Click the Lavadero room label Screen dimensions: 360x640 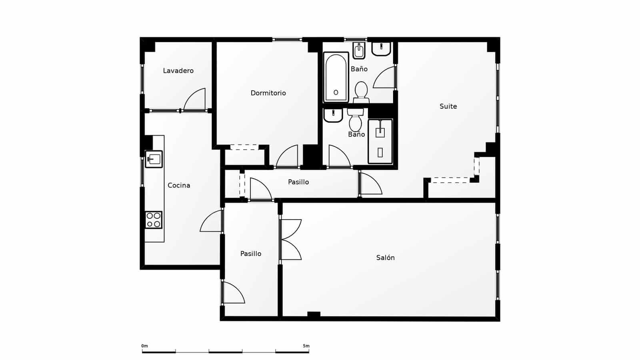coord(178,71)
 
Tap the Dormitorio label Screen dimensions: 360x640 coord(268,93)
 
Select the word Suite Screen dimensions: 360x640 coord(448,106)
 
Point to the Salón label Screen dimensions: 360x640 coord(385,258)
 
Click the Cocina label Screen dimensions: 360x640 coord(179,185)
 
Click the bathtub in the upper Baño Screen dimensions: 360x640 coord(336,77)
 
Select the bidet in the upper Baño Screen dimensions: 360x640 coord(359,50)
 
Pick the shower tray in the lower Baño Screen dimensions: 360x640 coord(380,141)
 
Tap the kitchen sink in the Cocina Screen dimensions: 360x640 coord(154,159)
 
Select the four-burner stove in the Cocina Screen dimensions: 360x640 coord(154,220)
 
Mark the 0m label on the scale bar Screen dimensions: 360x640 coord(144,346)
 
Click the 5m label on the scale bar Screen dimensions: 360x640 coord(306,346)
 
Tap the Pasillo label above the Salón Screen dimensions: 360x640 coord(298,182)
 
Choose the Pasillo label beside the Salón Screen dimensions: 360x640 coord(251,254)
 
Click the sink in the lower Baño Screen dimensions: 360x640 coord(333,115)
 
